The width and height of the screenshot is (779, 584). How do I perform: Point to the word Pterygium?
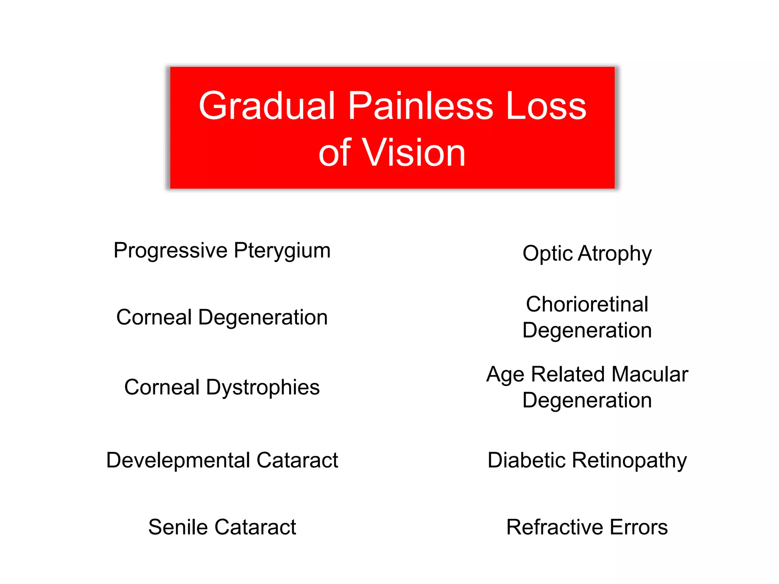pos(282,251)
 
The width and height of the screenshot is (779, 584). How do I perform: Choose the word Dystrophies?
pos(263,387)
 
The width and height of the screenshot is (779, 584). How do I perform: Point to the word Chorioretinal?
pos(587,304)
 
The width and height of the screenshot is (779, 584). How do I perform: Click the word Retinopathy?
pos(629,460)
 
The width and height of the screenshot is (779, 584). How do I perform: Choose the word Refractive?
pos(555,527)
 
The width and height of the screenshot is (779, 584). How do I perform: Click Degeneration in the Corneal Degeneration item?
pos(263,317)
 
